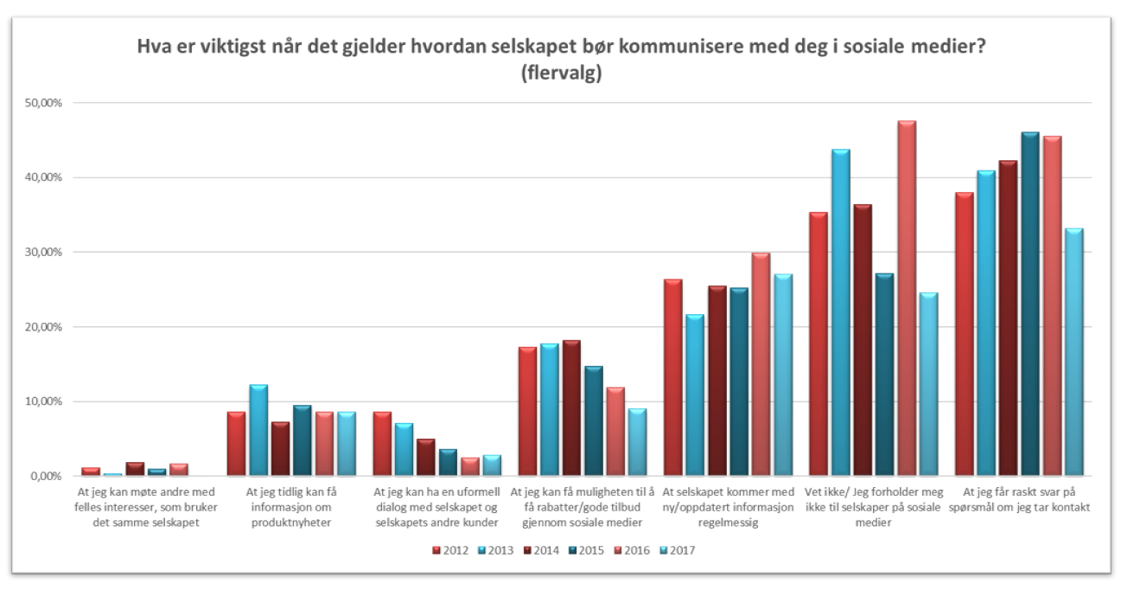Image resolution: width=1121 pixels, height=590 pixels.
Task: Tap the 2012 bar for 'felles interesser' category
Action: point(91,471)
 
